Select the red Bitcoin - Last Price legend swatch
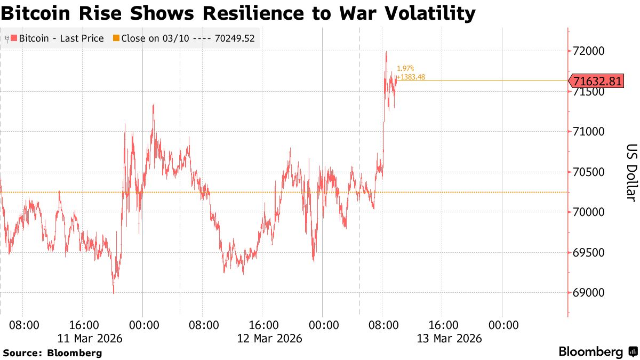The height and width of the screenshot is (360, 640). (x=14, y=38)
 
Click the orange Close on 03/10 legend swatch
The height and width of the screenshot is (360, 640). (x=116, y=38)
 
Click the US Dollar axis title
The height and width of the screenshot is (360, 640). (x=631, y=172)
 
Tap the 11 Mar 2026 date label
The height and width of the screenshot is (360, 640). (x=90, y=338)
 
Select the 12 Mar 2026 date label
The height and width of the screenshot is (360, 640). (x=270, y=338)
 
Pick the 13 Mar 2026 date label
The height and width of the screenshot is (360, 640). (x=450, y=338)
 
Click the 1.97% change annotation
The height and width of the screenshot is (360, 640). (x=405, y=69)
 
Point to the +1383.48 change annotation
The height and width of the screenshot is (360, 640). (x=411, y=77)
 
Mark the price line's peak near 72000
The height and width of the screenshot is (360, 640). (x=386, y=52)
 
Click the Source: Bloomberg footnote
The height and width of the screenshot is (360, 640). (x=52, y=353)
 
